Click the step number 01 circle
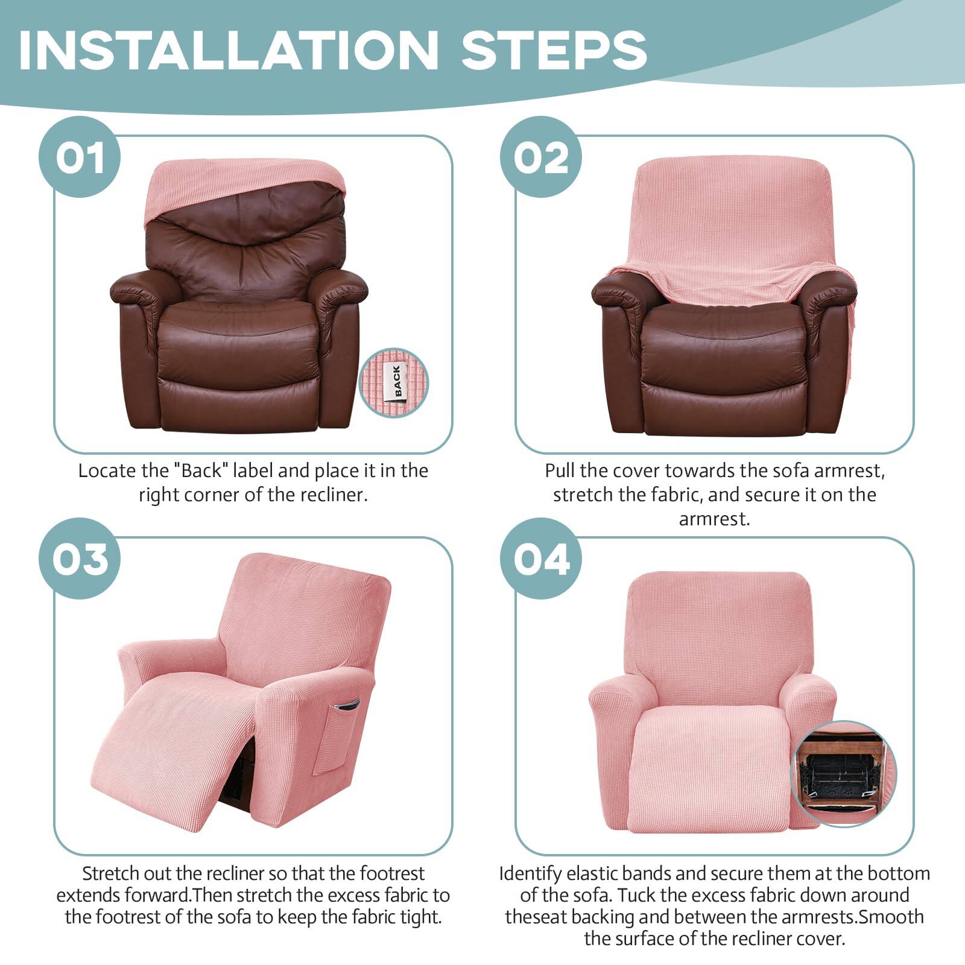pyautogui.click(x=80, y=157)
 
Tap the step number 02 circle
pyautogui.click(x=541, y=157)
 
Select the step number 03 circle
pyautogui.click(x=80, y=559)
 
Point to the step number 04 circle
pyautogui.click(x=541, y=559)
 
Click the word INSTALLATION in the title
pyautogui.click(x=229, y=49)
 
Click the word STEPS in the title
pyautogui.click(x=554, y=49)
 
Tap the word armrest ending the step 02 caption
pyautogui.click(x=713, y=519)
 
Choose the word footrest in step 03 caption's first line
pyautogui.click(x=392, y=874)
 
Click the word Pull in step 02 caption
pyautogui.click(x=560, y=471)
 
